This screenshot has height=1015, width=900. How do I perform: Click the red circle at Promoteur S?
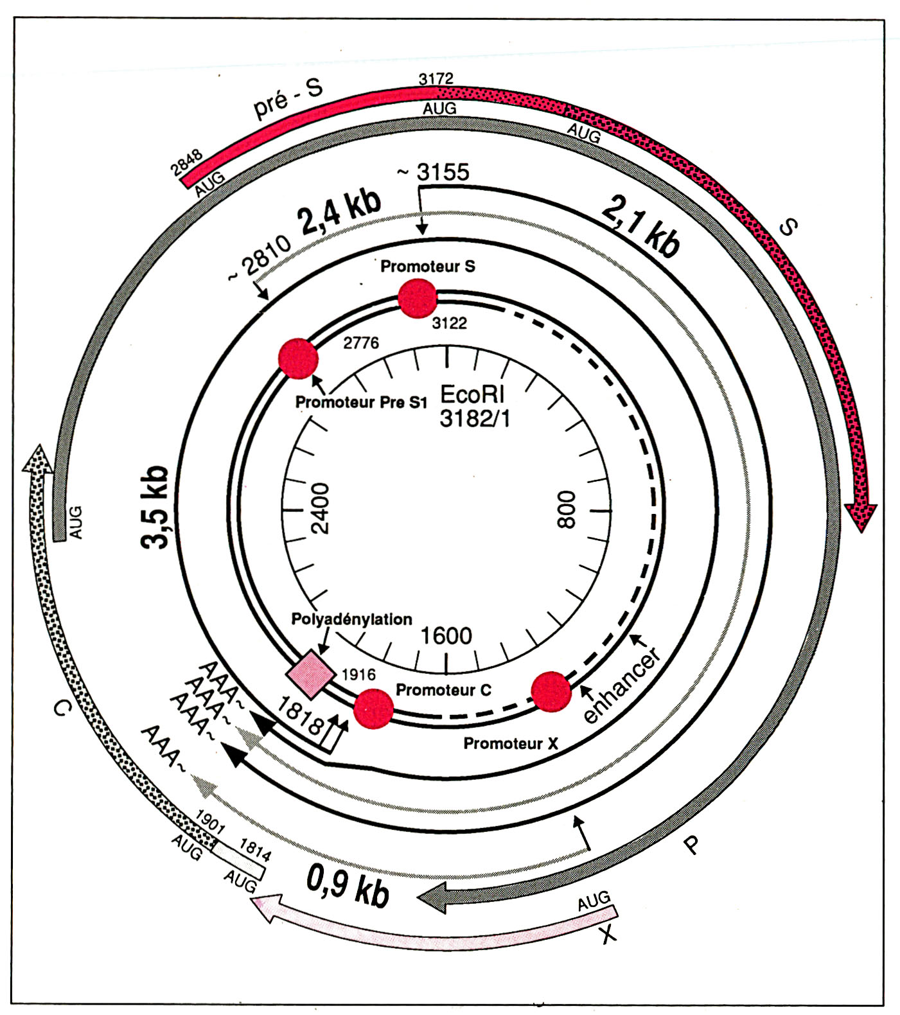point(418,299)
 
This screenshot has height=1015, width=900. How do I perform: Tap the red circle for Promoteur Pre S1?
point(299,358)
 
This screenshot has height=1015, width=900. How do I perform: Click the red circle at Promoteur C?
point(374,709)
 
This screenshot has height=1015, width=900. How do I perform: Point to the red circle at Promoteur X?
point(551,691)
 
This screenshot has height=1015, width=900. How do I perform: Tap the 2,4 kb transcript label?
point(339,214)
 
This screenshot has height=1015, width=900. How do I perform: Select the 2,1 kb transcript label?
point(640,226)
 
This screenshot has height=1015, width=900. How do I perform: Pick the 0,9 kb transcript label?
point(348,886)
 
